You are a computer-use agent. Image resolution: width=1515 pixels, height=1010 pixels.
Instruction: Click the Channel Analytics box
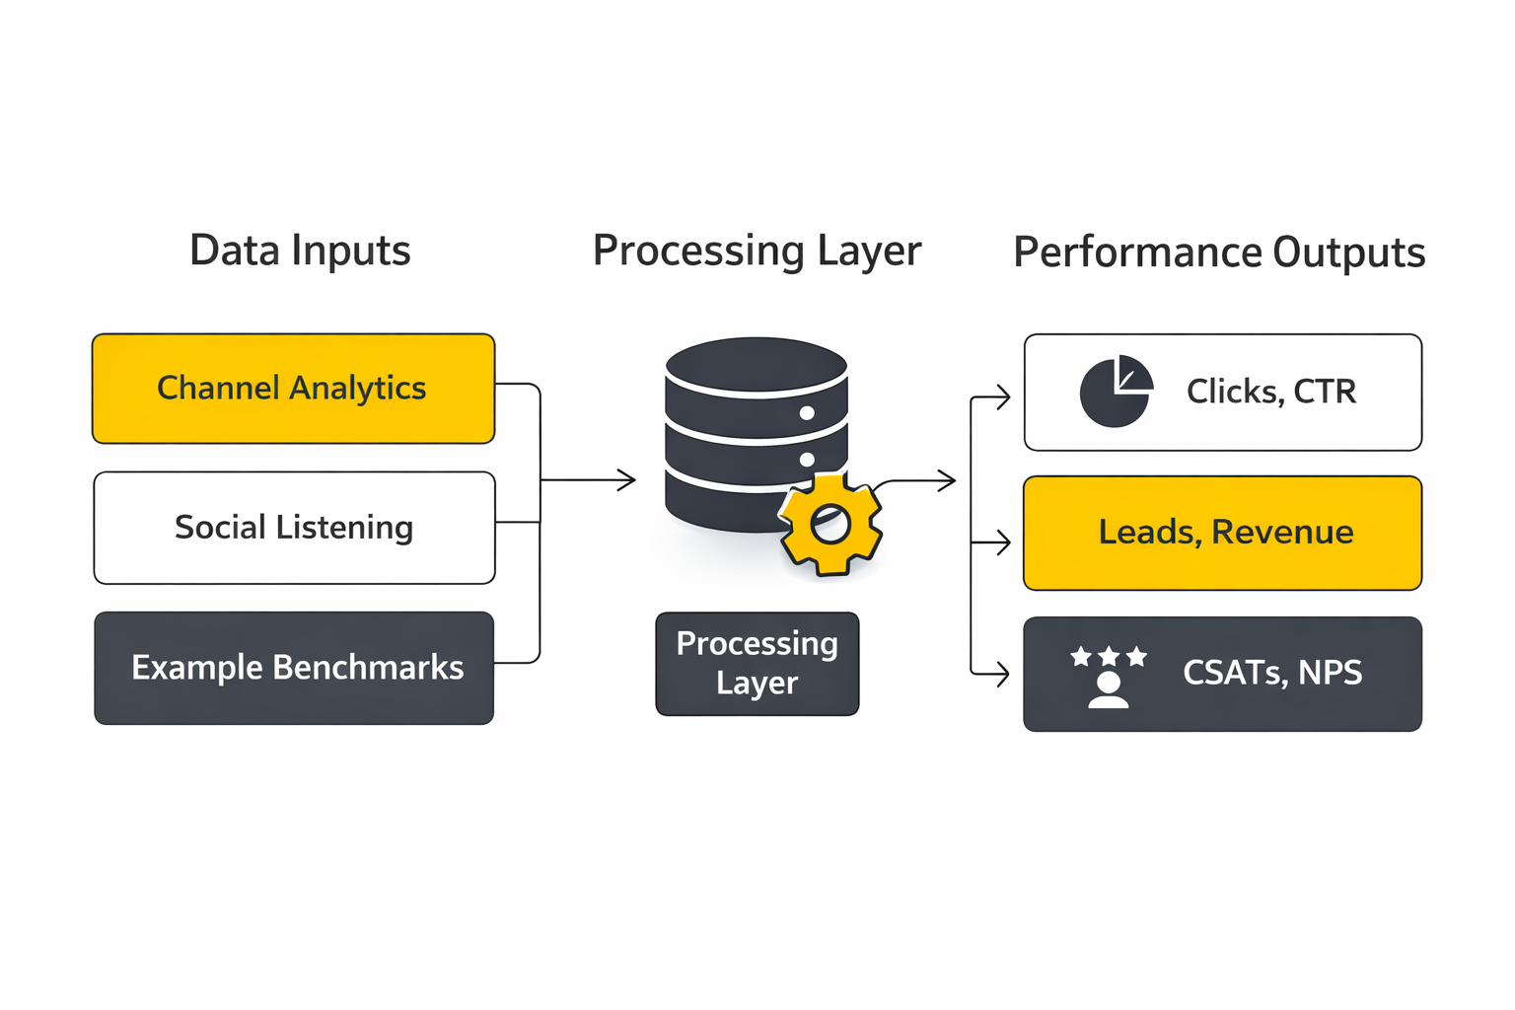tap(293, 389)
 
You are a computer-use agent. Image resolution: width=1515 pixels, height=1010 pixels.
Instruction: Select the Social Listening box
tap(294, 528)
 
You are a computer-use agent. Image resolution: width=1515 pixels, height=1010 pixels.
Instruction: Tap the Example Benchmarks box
tap(294, 668)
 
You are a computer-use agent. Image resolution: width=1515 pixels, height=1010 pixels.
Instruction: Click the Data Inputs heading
tap(300, 251)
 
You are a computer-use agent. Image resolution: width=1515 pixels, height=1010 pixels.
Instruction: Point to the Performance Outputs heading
tap(1219, 252)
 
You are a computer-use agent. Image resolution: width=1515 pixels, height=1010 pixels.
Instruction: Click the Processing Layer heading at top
tap(757, 251)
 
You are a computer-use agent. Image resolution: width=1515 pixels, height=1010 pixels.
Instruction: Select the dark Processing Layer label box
tap(757, 663)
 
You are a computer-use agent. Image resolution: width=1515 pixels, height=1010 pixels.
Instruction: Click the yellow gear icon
tap(830, 525)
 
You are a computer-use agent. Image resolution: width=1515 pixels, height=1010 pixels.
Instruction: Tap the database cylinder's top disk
tap(757, 363)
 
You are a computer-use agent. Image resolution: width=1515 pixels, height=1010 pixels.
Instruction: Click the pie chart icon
tap(1116, 392)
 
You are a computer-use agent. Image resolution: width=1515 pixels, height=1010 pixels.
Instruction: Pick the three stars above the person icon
tap(1109, 656)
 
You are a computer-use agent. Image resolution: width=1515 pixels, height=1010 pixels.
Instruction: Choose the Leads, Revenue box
tap(1223, 533)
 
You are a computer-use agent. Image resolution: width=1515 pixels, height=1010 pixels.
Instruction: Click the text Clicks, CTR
tap(1270, 392)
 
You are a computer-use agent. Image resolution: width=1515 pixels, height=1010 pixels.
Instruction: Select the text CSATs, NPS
tap(1271, 673)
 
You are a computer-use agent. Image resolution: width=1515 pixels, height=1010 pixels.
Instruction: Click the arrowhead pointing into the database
tap(628, 480)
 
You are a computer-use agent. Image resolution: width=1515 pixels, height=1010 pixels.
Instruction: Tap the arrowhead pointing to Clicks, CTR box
tap(1003, 397)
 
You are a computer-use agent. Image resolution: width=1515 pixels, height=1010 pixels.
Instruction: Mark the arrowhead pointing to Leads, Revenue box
tap(1003, 541)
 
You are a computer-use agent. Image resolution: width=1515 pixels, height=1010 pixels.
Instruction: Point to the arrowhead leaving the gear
tap(949, 481)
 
